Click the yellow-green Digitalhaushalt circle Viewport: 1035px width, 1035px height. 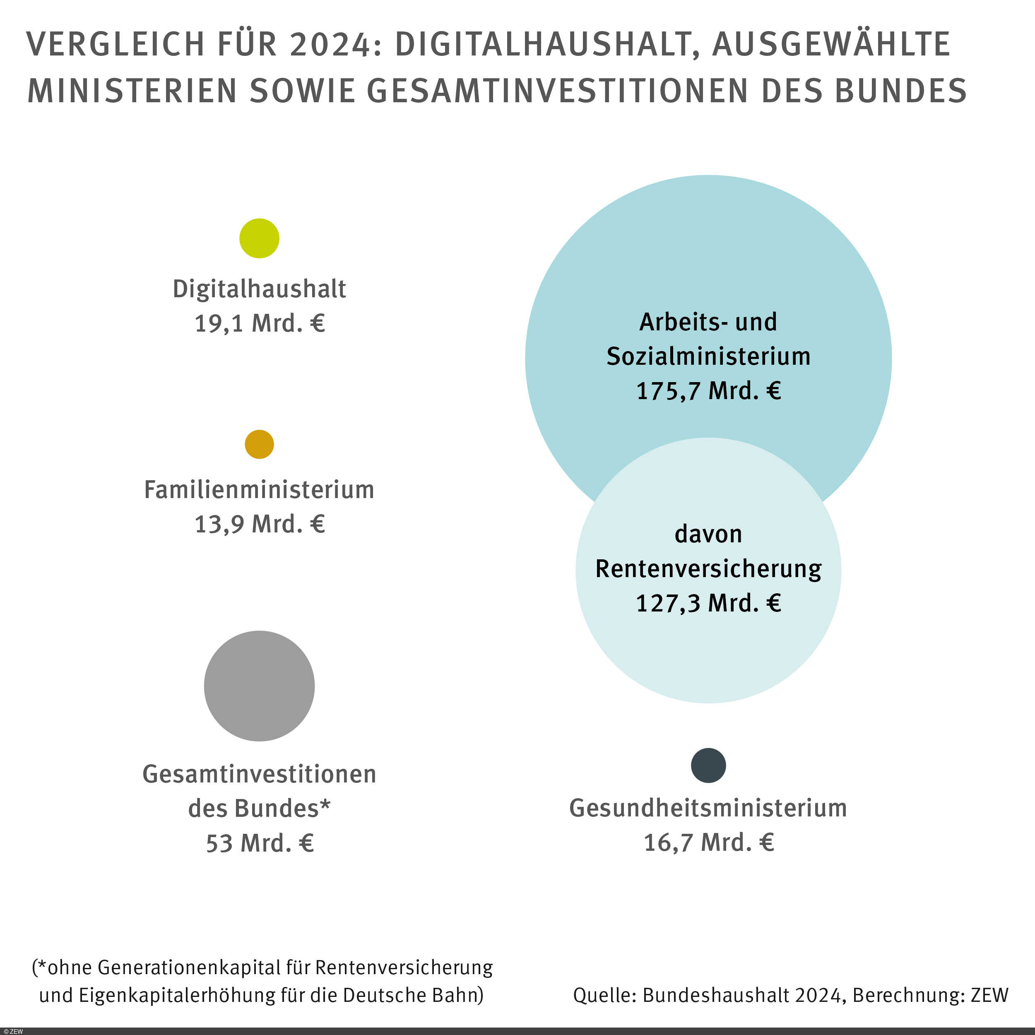click(259, 238)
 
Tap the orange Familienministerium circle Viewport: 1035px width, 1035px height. click(259, 444)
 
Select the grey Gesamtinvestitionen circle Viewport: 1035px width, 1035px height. click(259, 686)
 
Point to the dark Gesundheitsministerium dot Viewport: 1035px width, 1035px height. click(708, 765)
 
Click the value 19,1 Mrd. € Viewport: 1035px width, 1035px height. click(259, 323)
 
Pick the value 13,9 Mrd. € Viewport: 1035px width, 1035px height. click(259, 524)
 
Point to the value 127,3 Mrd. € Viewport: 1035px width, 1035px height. click(708, 603)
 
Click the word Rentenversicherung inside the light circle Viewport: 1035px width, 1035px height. click(708, 569)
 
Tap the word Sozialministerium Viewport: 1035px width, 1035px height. click(708, 357)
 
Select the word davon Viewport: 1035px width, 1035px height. click(708, 534)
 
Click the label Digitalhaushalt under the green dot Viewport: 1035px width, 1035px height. click(259, 289)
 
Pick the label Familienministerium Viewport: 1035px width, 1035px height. click(259, 490)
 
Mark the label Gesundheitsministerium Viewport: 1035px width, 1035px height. click(708, 808)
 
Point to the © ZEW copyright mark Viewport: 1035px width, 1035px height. click(13, 1031)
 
